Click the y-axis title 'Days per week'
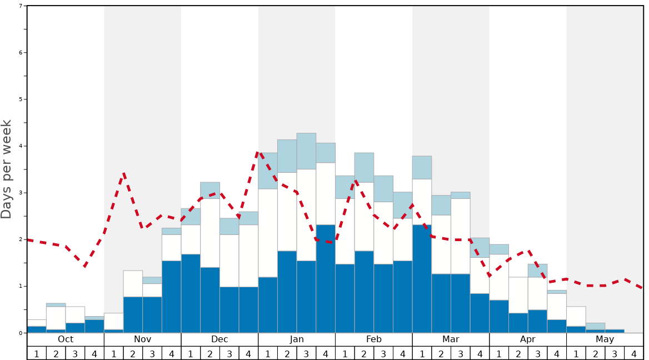point(7,169)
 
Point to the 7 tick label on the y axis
point(21,6)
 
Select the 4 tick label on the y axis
point(21,146)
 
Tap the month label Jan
point(297,339)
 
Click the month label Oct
point(66,339)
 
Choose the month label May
point(605,339)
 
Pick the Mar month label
point(451,339)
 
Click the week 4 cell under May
point(634,353)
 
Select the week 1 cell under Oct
point(37,353)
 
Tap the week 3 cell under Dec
point(229,353)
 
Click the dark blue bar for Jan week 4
point(326,278)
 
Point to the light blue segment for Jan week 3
point(306,151)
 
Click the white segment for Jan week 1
point(268,233)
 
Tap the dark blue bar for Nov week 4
point(171,297)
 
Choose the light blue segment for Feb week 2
point(364,167)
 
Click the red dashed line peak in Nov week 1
point(123,174)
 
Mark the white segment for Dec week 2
point(210,233)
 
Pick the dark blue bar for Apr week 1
point(499,316)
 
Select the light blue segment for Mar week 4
point(480,247)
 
